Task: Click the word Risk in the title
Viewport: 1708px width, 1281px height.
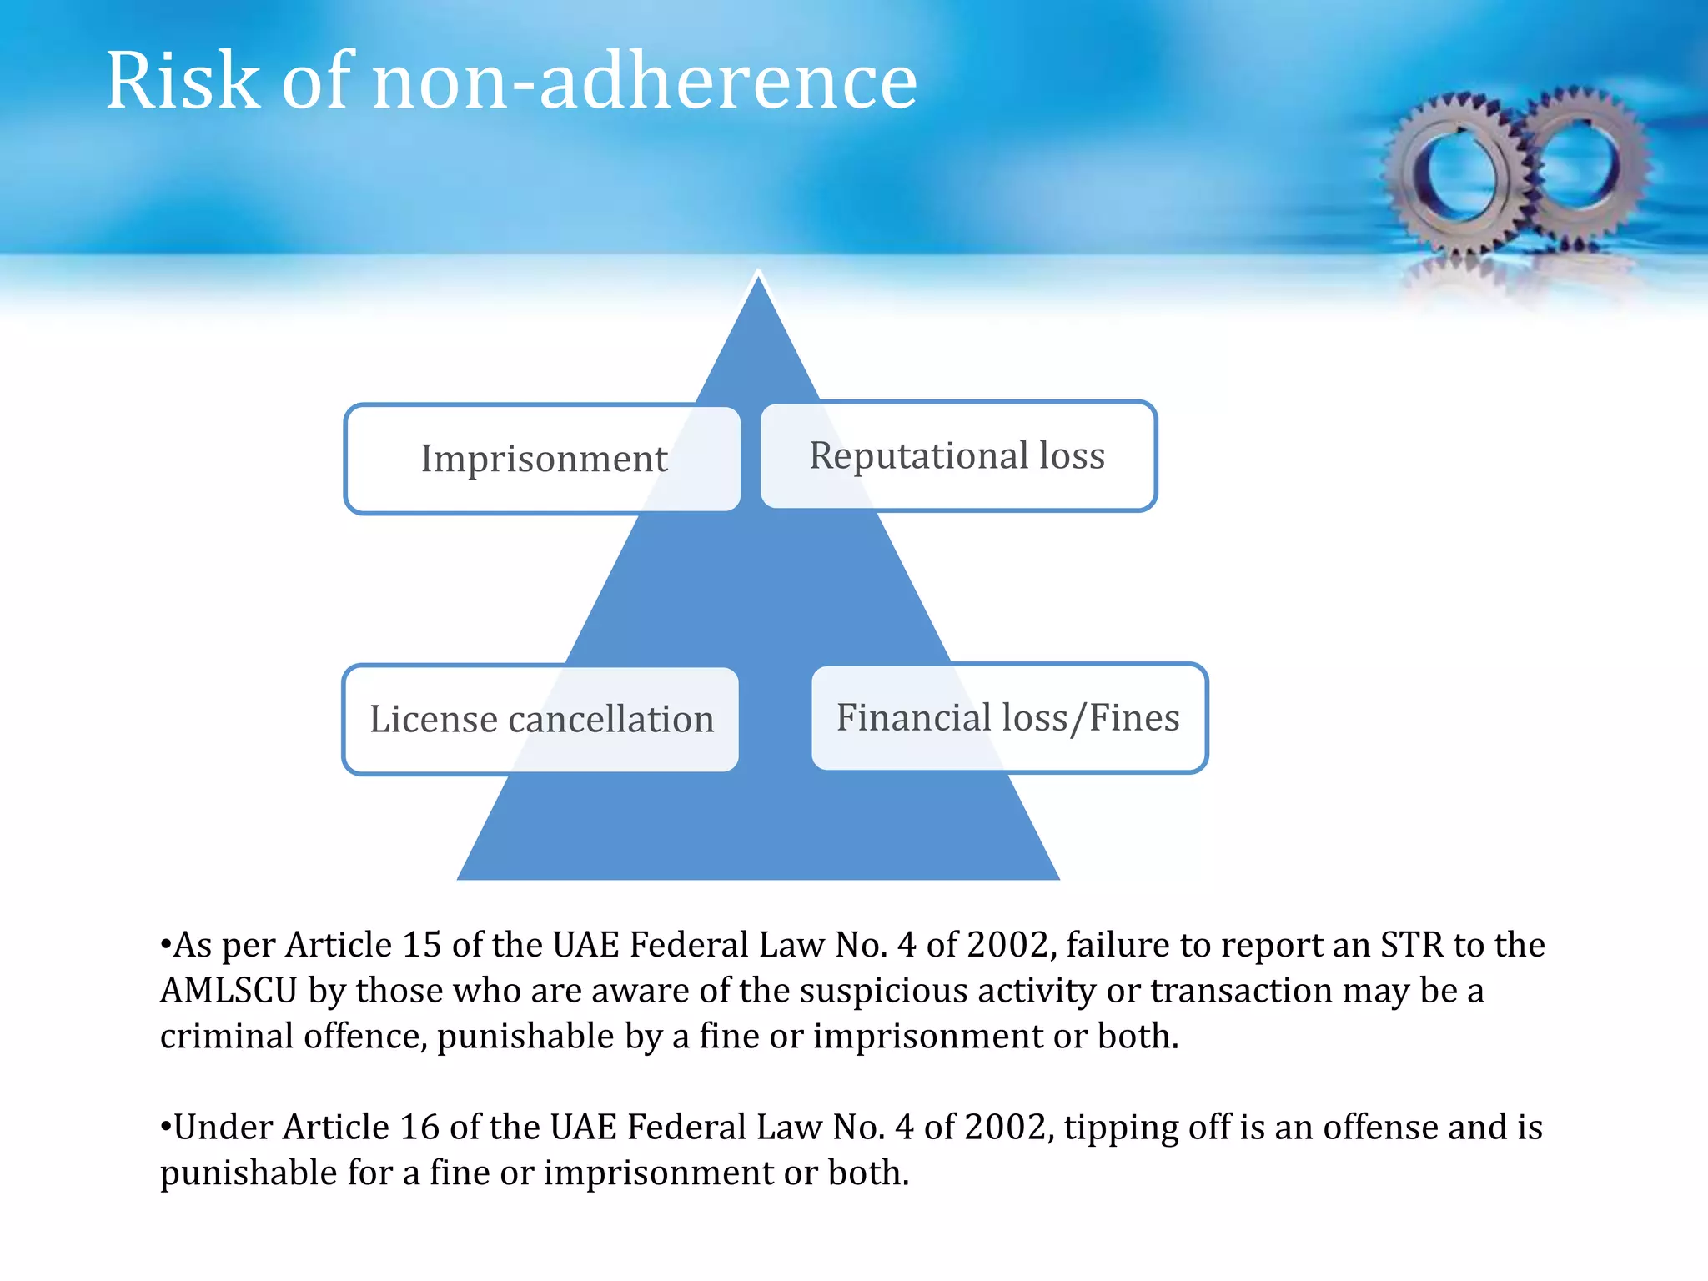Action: pyautogui.click(x=183, y=81)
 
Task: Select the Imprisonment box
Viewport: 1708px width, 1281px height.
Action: pyautogui.click(x=542, y=459)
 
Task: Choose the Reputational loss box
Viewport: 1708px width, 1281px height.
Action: pyautogui.click(x=957, y=455)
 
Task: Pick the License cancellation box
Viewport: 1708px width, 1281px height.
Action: pyautogui.click(x=541, y=719)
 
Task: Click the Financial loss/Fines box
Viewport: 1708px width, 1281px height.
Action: pyautogui.click(x=1008, y=717)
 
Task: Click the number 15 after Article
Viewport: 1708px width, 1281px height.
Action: pyautogui.click(x=421, y=945)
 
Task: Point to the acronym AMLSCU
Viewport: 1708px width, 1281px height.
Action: pyautogui.click(x=229, y=991)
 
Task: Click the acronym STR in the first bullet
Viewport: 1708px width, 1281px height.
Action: pyautogui.click(x=1411, y=945)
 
